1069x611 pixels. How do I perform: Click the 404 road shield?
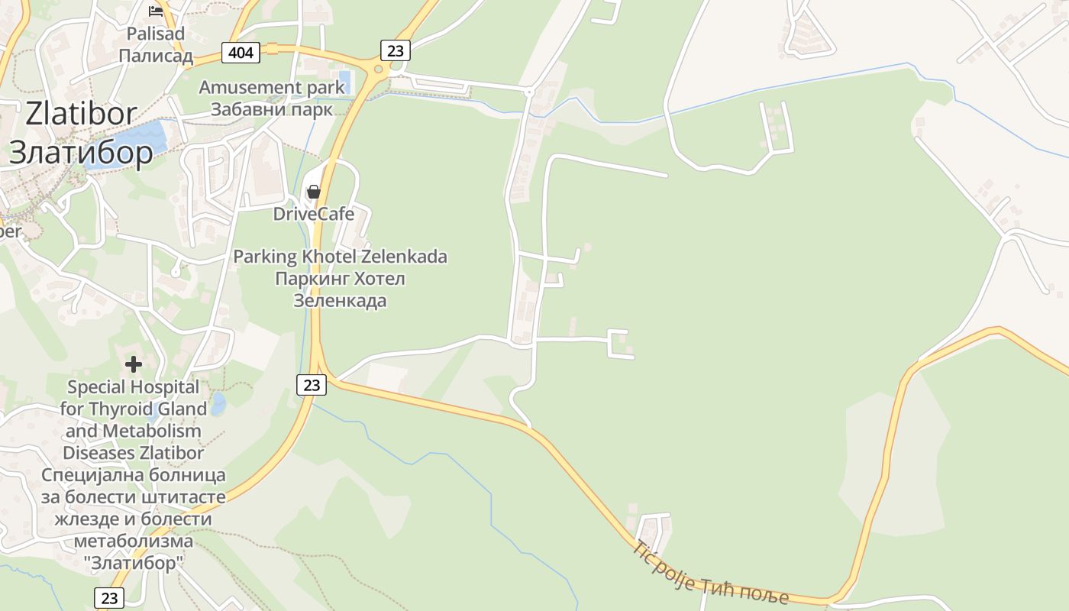[241, 53]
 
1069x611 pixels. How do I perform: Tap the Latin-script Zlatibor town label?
[81, 114]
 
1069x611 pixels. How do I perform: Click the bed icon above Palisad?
[156, 11]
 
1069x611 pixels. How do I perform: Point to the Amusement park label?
[272, 87]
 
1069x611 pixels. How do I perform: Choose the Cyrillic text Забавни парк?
[272, 109]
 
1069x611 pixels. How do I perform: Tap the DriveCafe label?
[314, 214]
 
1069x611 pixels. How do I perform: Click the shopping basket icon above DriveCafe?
[313, 192]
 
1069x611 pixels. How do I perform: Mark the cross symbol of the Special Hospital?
[134, 364]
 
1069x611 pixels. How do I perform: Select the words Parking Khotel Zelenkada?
[340, 257]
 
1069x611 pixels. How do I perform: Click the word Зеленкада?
[340, 301]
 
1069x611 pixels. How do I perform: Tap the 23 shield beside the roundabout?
[395, 50]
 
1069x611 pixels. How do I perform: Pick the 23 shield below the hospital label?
[109, 598]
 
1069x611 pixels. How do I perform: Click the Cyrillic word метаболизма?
[134, 541]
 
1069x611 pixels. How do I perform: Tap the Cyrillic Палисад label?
[156, 56]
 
